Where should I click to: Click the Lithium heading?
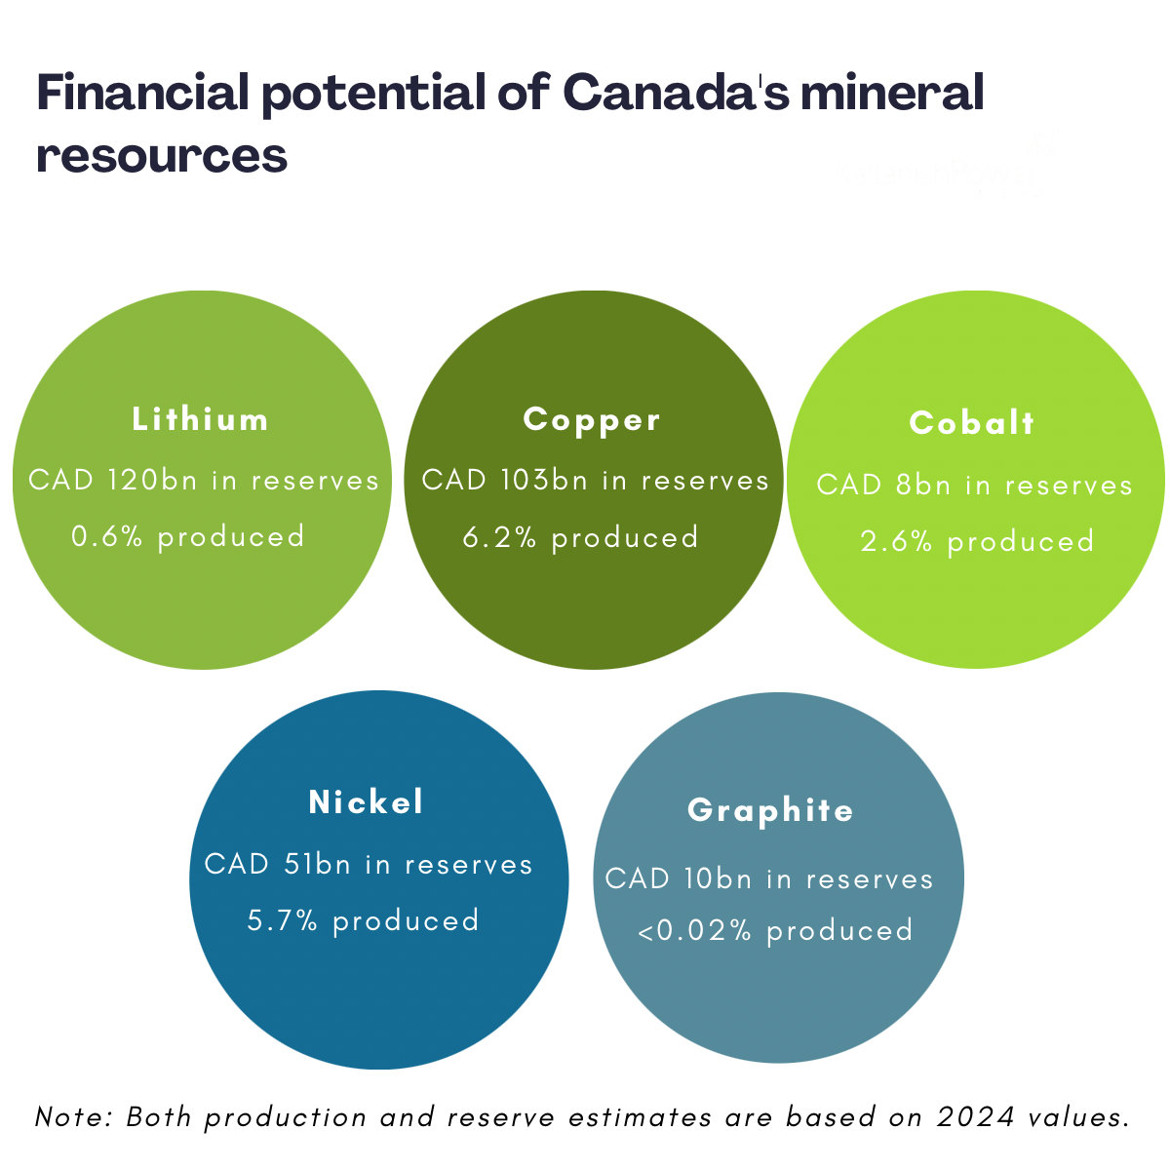[x=200, y=419]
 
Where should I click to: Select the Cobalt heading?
[x=971, y=422]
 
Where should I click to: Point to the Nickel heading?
[x=366, y=802]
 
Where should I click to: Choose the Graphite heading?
[x=770, y=811]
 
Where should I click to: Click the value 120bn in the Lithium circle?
[x=152, y=481]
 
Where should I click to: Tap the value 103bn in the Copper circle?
[x=545, y=481]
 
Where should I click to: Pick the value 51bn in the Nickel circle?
[x=318, y=864]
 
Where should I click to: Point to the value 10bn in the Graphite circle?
[x=719, y=878]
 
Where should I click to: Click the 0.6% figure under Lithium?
[x=107, y=536]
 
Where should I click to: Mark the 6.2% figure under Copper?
[x=499, y=538]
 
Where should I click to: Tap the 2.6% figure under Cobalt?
[x=896, y=541]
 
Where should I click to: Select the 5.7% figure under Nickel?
[x=283, y=920]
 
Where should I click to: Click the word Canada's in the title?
[x=677, y=93]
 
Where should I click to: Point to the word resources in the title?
[x=162, y=156]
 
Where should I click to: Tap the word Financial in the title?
[x=142, y=93]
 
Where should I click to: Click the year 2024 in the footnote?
[x=976, y=1117]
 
